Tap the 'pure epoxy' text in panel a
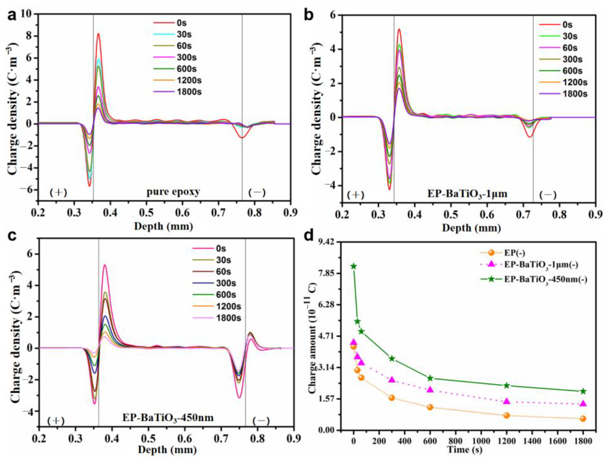173,192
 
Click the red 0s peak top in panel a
98,34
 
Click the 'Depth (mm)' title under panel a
163,226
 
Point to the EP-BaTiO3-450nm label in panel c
168,418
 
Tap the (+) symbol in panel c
56,421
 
